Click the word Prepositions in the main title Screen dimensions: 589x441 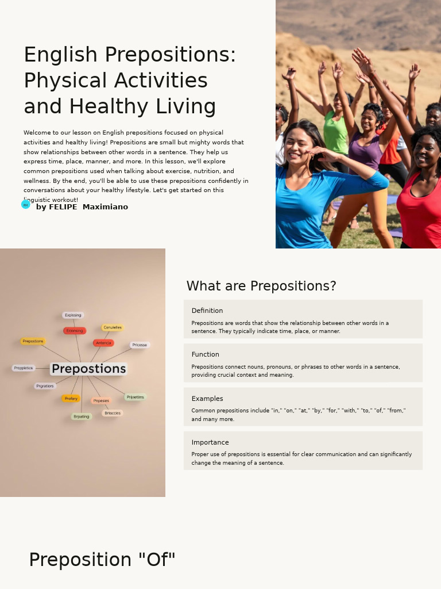click(x=170, y=55)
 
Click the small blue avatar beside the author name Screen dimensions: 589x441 click(x=26, y=205)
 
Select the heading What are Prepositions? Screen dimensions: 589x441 click(x=261, y=286)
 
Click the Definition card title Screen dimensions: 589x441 click(x=207, y=311)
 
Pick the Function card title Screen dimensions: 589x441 click(x=205, y=354)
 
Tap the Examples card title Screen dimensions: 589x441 click(x=207, y=399)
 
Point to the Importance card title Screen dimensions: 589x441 click(x=210, y=442)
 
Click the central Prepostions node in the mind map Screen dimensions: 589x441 click(x=88, y=369)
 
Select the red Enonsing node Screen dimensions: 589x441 click(x=75, y=331)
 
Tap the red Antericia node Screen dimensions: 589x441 click(x=103, y=343)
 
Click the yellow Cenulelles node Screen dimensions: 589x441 click(x=113, y=327)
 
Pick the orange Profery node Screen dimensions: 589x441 click(x=71, y=399)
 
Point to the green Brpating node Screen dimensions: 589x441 click(x=82, y=416)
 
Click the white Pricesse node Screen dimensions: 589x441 click(x=140, y=345)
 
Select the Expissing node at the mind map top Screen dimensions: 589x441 click(x=73, y=315)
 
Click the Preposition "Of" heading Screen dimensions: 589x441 click(x=102, y=560)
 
